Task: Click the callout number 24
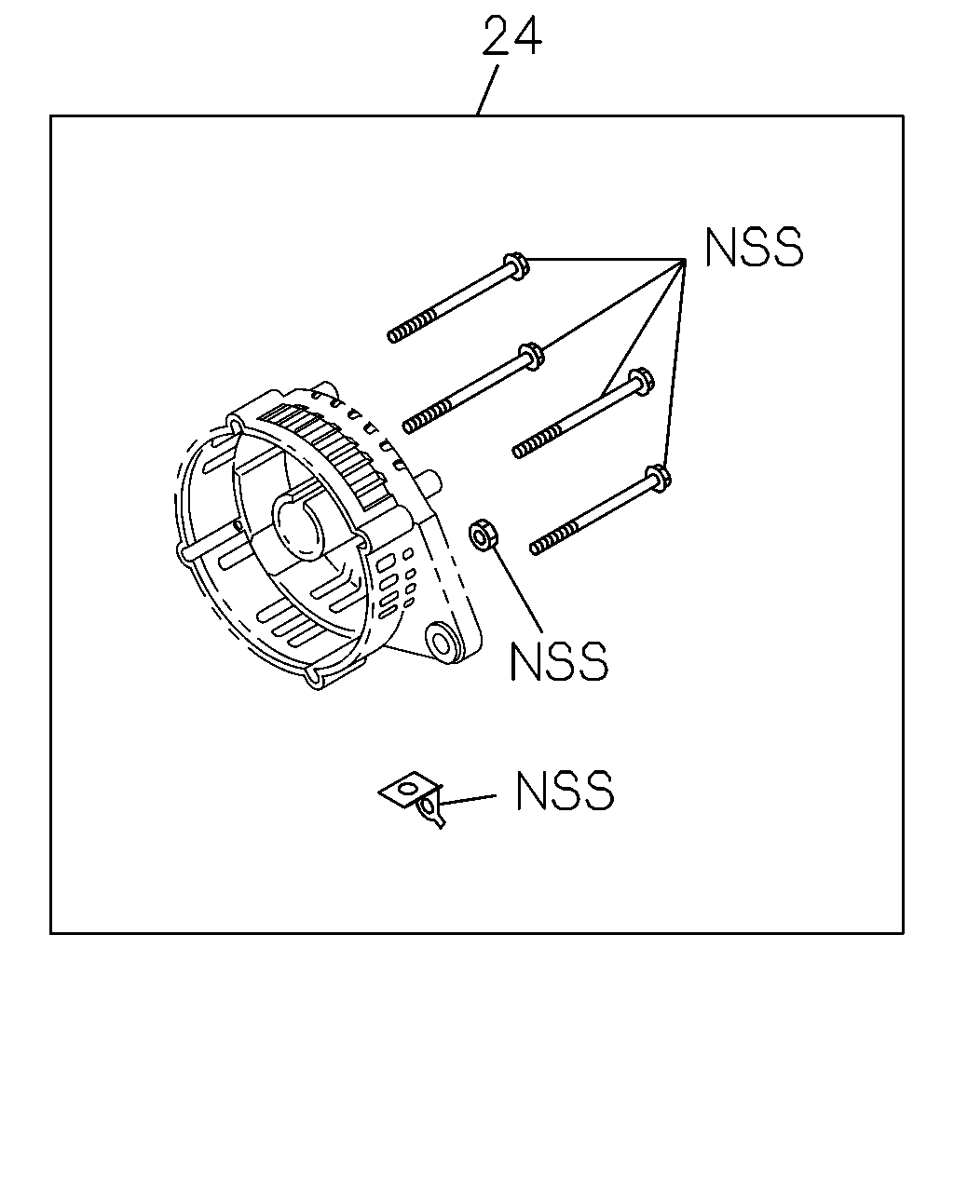click(x=511, y=35)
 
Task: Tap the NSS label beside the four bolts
click(x=754, y=247)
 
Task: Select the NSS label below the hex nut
click(x=559, y=661)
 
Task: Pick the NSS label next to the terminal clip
click(x=565, y=791)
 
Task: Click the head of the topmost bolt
click(x=517, y=266)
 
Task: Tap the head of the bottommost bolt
click(x=658, y=478)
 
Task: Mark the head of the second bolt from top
click(x=531, y=356)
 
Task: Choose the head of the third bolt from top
click(x=641, y=382)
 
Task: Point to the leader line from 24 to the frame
click(x=487, y=90)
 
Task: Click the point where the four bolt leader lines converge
click(x=686, y=259)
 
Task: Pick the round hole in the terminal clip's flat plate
click(x=409, y=787)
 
